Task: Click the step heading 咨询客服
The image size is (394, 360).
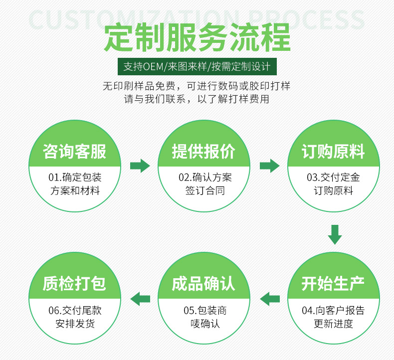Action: pyautogui.click(x=75, y=152)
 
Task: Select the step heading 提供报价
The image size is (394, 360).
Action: pyautogui.click(x=203, y=152)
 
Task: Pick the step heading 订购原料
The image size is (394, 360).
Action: pyautogui.click(x=333, y=152)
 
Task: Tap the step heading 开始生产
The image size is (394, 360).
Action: pyautogui.click(x=333, y=284)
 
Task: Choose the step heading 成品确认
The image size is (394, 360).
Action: pyautogui.click(x=203, y=284)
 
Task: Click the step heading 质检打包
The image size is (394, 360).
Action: pyautogui.click(x=75, y=284)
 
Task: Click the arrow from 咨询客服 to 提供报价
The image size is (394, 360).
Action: pyautogui.click(x=140, y=166)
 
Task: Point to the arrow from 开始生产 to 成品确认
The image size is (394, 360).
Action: pyautogui.click(x=270, y=298)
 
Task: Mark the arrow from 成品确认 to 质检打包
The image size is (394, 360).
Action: pyautogui.click(x=140, y=298)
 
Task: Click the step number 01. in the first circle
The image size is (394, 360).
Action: pyautogui.click(x=54, y=178)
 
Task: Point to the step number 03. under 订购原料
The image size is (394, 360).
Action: pyautogui.click(x=313, y=178)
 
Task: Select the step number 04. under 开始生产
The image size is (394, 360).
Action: pyautogui.click(x=308, y=311)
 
